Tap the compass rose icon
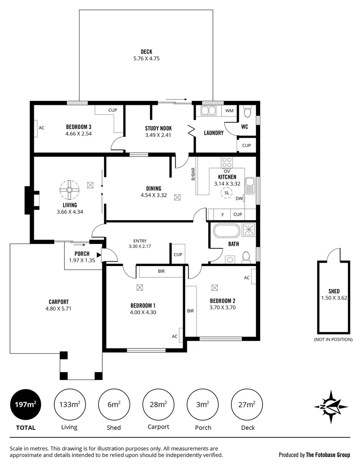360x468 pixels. pos(331,406)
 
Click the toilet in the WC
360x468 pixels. pos(248,113)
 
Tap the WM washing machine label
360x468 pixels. pos(229,111)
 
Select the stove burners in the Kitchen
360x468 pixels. pos(227,162)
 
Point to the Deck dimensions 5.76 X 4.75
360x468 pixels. pos(146,58)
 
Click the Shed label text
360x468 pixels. pos(334,291)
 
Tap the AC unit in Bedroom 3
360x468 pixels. pos(37,128)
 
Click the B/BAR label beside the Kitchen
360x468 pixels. pos(193,174)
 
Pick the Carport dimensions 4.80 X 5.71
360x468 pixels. pos(59,309)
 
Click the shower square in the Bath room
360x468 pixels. pos(249,230)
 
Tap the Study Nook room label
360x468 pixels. pos(158,128)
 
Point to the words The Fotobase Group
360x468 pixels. pos(327,455)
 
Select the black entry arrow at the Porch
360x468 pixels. pos(99,255)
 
